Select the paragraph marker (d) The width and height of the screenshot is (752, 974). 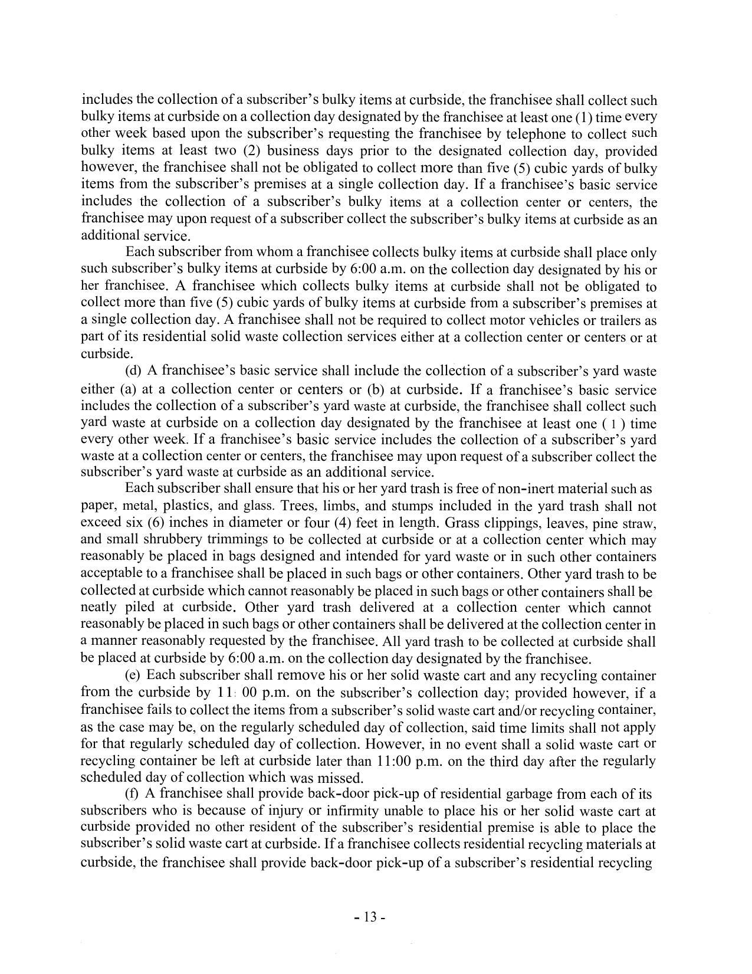(x=134, y=371)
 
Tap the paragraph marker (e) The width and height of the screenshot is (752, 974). (x=133, y=675)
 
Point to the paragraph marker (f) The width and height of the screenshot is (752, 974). (x=133, y=794)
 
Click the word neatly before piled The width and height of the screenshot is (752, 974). (x=99, y=608)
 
